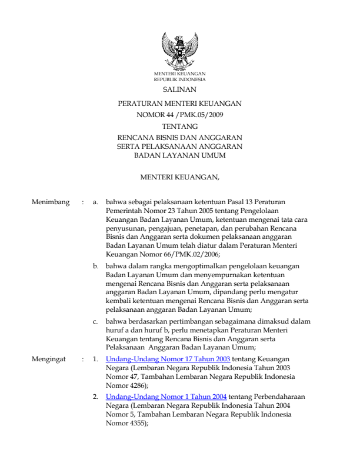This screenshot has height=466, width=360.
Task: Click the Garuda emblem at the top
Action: pos(179,51)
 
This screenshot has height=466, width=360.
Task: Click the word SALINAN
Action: pos(180,89)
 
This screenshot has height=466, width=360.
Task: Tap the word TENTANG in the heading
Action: pos(180,126)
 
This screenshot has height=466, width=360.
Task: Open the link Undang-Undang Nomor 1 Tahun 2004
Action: pos(166,397)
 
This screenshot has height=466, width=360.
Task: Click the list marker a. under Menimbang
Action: pos(96,202)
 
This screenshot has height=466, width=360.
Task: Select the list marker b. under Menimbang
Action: pos(96,266)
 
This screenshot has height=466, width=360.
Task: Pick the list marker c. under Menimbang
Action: pos(96,322)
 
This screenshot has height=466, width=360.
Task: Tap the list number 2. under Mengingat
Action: pos(96,397)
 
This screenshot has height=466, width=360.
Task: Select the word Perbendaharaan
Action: pos(278,397)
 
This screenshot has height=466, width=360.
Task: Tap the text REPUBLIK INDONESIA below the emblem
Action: pos(180,78)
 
